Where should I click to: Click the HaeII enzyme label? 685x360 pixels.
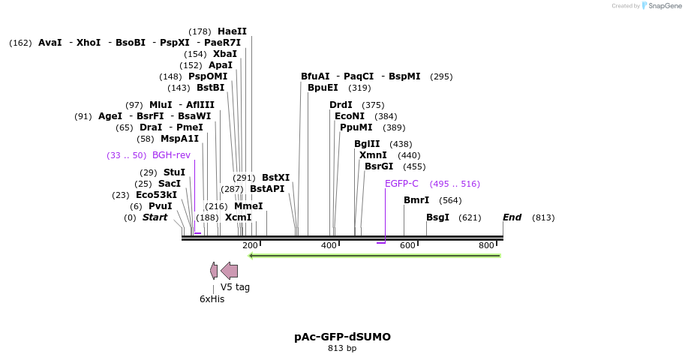coord(232,31)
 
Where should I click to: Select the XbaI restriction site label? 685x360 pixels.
coord(224,54)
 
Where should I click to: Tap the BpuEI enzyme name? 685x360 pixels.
coord(323,88)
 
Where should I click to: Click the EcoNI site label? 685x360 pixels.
coord(350,116)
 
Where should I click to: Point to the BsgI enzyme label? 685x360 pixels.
coord(437,217)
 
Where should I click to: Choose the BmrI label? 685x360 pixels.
coord(416,200)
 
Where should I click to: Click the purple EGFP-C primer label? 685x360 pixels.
coord(401,184)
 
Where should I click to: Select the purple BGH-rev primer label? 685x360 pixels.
coord(171,155)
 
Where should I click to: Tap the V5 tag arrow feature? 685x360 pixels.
coord(230,271)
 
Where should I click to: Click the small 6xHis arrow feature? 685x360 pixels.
coord(214,271)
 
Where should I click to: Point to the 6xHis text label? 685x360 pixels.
coord(212,299)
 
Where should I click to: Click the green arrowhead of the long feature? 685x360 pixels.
coord(252,256)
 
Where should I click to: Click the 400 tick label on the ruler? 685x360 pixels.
coord(329,246)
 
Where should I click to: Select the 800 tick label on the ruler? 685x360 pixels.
coord(486,246)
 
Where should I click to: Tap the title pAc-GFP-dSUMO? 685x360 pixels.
coord(342,337)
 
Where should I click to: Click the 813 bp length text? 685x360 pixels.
coord(342,348)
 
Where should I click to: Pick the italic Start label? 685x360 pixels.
coord(155,217)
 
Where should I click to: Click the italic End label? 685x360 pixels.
coord(512,217)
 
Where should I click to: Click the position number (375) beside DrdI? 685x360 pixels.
coord(373,105)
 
